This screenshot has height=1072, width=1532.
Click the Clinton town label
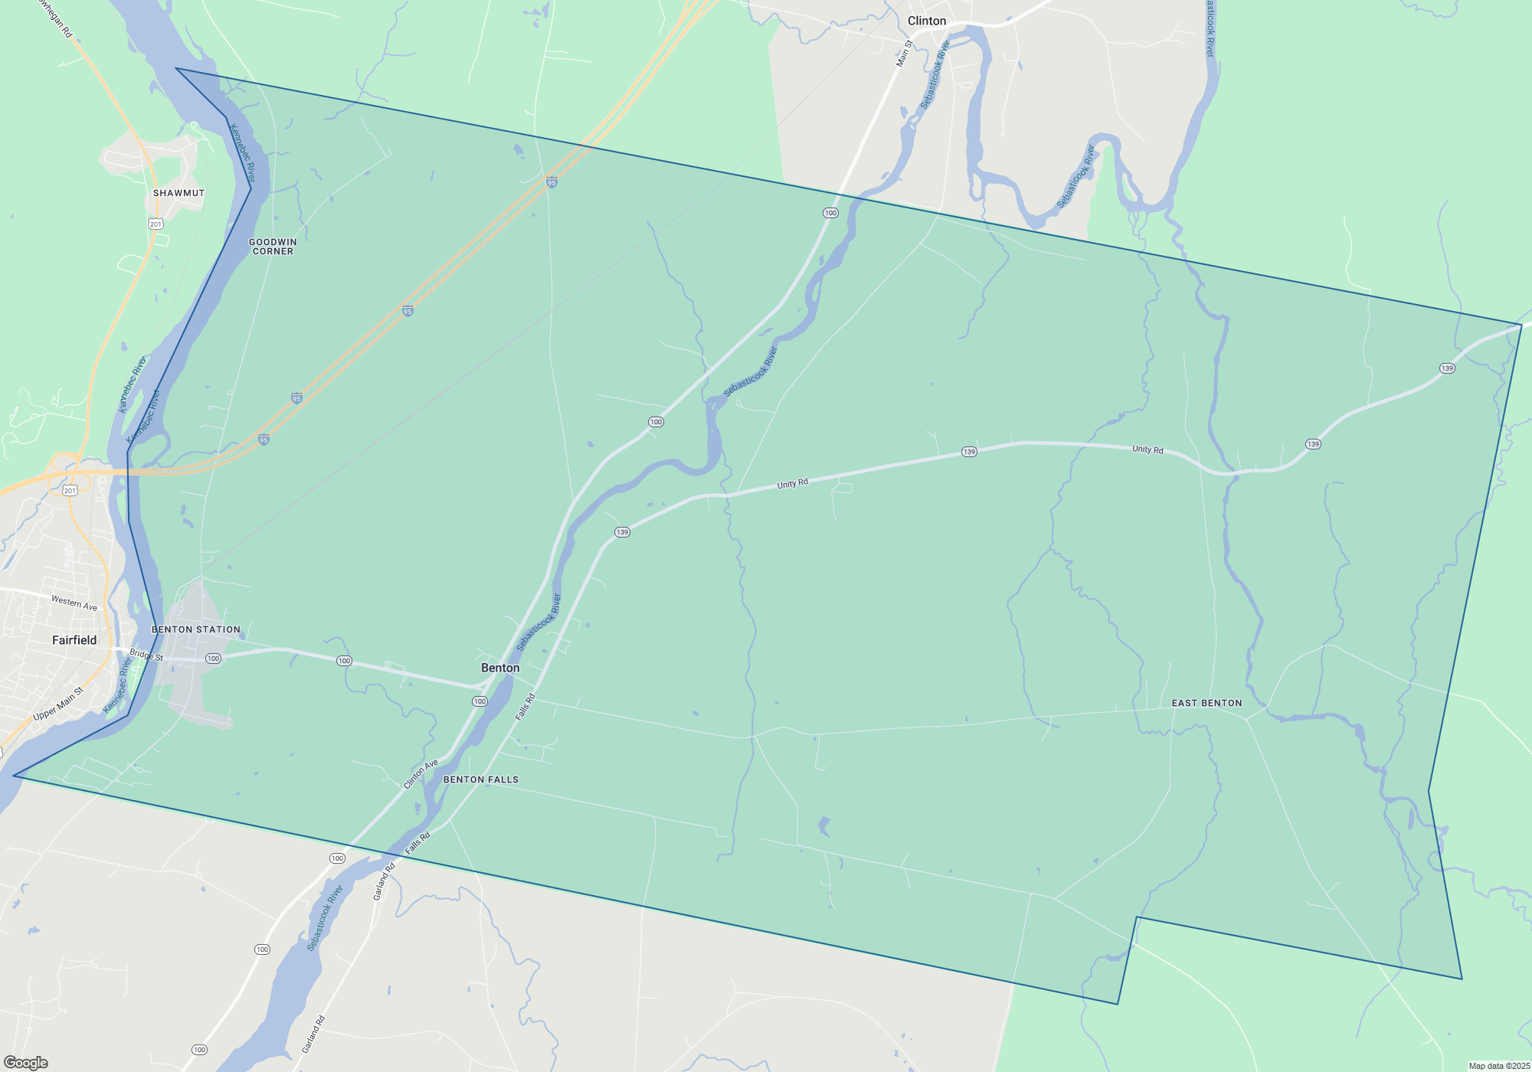[927, 21]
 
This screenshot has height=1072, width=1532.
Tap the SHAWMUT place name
[178, 193]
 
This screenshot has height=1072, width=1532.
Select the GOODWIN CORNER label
[273, 247]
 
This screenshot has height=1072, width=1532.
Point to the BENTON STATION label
[196, 629]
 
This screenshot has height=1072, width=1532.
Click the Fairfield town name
[74, 640]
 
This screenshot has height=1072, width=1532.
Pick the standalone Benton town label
[500, 668]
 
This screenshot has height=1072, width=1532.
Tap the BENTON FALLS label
[481, 779]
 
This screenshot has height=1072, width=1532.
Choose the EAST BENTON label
[1206, 703]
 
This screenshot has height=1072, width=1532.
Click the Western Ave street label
[74, 603]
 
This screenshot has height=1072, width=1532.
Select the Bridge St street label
[146, 655]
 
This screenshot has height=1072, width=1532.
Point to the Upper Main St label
[58, 704]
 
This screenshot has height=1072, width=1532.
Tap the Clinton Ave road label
[421, 774]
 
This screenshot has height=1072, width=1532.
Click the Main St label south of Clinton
[905, 54]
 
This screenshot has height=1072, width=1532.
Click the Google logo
[26, 1063]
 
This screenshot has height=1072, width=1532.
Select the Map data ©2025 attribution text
[1499, 1066]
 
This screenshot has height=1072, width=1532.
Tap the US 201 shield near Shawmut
[156, 224]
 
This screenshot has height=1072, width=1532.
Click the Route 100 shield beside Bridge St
[213, 659]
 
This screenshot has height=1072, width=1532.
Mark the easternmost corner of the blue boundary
[1521, 325]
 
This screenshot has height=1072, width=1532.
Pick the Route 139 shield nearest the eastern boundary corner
[1447, 368]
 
